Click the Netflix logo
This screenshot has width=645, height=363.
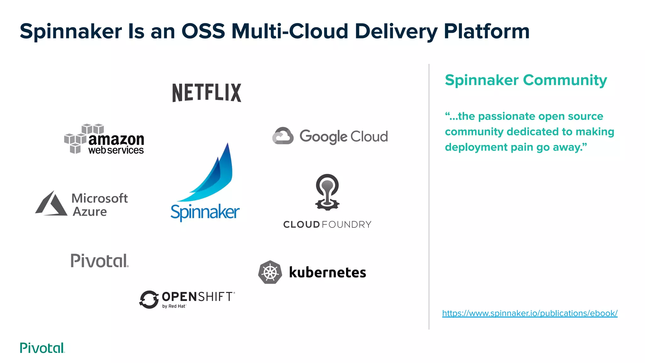click(x=207, y=93)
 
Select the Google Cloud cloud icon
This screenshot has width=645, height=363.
click(x=283, y=136)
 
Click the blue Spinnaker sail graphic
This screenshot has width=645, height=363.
click(x=214, y=176)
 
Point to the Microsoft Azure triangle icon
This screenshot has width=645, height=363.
click(x=51, y=204)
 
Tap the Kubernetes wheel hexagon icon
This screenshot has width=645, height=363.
click(x=270, y=272)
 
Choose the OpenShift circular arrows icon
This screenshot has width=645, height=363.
click(x=149, y=299)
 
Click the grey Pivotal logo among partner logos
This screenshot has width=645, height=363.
click(x=100, y=261)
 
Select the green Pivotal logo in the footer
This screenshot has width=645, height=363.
click(x=42, y=348)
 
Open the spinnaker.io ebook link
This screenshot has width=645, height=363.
click(x=530, y=313)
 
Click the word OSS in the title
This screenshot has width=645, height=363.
click(x=203, y=31)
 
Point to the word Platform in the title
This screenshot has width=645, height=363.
click(x=487, y=31)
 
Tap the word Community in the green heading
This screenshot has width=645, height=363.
click(x=565, y=80)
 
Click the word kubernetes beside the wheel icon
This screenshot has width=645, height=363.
click(x=328, y=273)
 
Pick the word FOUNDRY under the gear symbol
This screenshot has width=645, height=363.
click(x=347, y=225)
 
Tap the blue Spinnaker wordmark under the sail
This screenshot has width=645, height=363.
click(x=205, y=212)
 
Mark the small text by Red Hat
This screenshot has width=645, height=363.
click(x=174, y=306)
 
